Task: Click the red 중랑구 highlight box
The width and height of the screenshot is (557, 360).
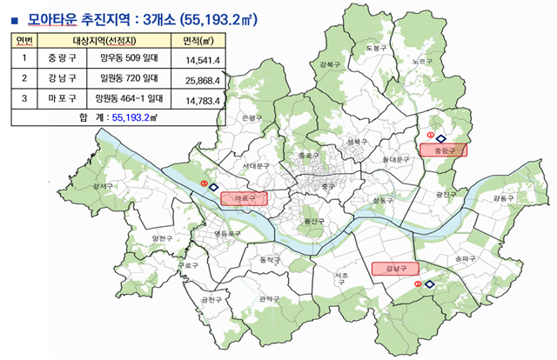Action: click(x=444, y=150)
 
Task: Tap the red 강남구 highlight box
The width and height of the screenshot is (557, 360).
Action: click(x=396, y=269)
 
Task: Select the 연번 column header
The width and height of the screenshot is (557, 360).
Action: click(x=25, y=40)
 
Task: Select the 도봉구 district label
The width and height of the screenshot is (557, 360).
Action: click(x=375, y=48)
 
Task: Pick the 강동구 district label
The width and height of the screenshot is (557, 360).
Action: click(x=504, y=198)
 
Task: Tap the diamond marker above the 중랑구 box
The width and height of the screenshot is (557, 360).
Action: click(x=440, y=137)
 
